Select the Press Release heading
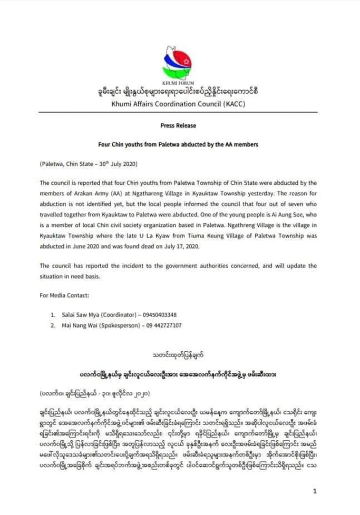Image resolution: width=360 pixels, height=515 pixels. tap(179, 126)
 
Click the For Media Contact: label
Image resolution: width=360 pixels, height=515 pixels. tap(61, 295)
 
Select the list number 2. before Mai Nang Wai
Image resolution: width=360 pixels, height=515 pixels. tap(53, 325)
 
